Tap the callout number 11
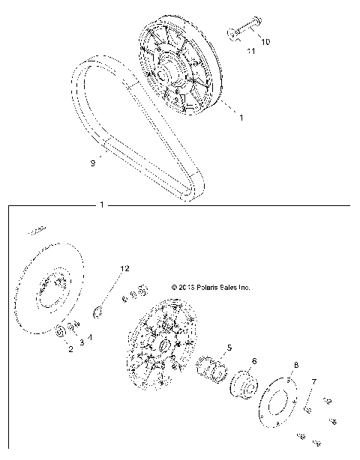coord(251,51)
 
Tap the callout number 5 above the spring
coord(229,347)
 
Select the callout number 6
coord(253,361)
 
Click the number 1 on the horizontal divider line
coord(101,204)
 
